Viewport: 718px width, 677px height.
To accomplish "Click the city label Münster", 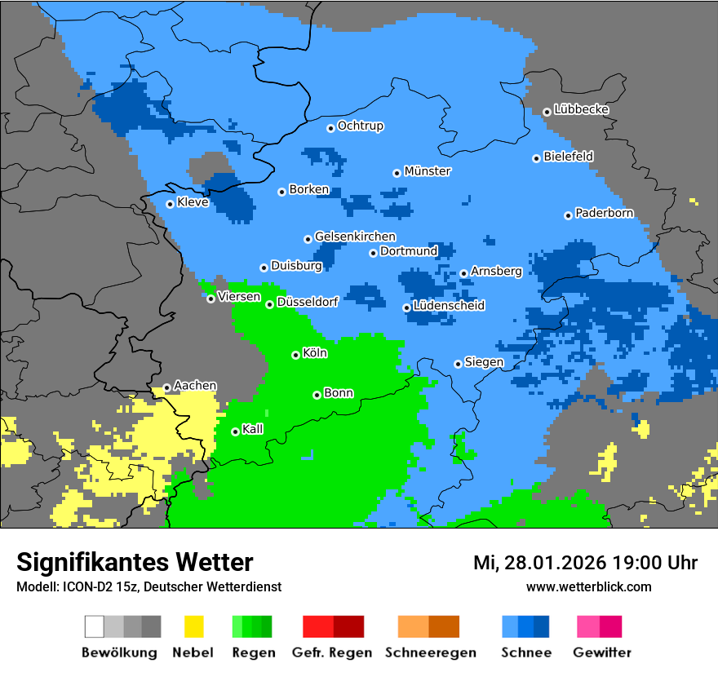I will [428, 171].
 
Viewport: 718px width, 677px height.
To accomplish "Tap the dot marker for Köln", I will [295, 355].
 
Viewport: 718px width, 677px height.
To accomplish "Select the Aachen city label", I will [196, 386].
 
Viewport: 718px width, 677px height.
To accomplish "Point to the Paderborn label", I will [605, 214].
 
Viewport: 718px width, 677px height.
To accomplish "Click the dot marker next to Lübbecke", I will [547, 112].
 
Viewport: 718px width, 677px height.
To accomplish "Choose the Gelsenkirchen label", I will [355, 237].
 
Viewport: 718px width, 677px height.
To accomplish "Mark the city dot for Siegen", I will [458, 364].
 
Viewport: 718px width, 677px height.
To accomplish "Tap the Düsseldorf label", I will [308, 302].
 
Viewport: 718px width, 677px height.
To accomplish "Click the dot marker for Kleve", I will [170, 204].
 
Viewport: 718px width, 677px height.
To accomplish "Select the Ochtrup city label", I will [361, 126].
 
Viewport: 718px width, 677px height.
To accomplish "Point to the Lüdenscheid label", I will [450, 306].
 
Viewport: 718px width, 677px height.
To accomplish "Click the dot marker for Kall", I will [235, 431].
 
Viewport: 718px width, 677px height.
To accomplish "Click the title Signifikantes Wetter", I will [135, 562].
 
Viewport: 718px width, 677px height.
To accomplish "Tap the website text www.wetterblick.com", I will [588, 587].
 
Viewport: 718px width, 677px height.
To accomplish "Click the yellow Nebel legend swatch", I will [193, 626].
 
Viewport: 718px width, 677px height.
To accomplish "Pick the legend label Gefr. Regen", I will [332, 653].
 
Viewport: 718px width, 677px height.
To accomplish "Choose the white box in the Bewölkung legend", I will [95, 626].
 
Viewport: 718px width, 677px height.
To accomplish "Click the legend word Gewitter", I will [602, 653].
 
